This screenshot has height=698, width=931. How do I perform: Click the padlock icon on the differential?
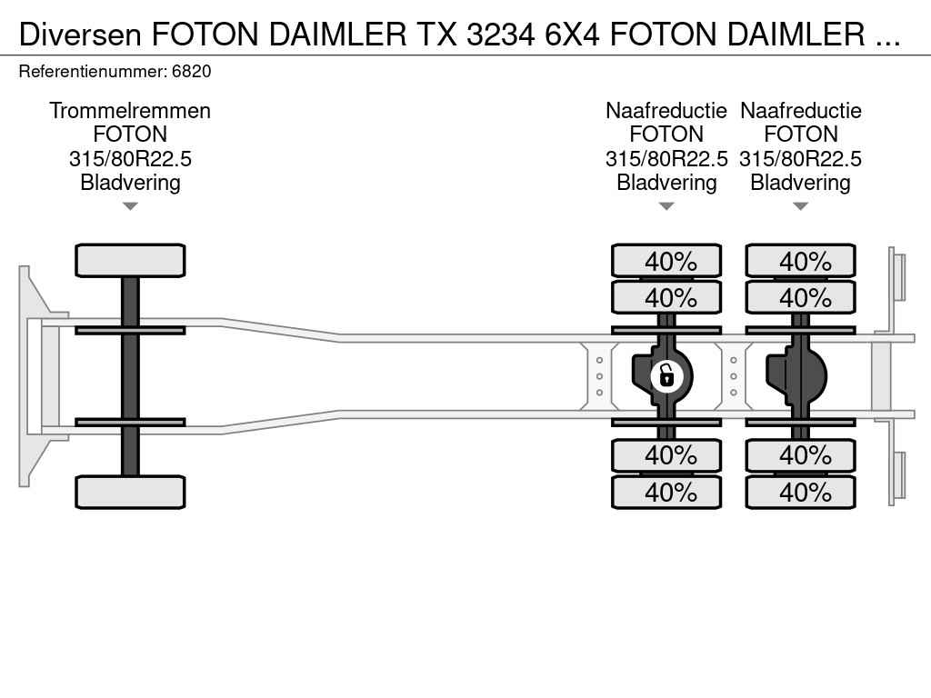coord(666,374)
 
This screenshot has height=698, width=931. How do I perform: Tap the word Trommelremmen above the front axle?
coord(130,111)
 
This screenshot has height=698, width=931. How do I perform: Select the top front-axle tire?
coord(130,260)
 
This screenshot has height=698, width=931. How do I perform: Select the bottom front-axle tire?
coord(130,492)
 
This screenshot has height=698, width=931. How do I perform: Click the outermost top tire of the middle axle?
coord(666,261)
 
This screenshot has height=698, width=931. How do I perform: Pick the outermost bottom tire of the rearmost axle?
coord(801,492)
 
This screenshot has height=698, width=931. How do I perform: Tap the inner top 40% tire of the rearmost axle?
coord(801,297)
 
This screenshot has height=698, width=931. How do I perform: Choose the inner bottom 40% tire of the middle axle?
coord(666,454)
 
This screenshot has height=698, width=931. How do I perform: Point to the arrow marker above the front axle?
coord(130,206)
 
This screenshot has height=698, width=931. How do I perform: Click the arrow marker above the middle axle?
coord(666,206)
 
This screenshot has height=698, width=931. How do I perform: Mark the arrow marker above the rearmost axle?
coord(801,206)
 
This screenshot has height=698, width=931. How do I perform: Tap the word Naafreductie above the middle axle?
coord(666,111)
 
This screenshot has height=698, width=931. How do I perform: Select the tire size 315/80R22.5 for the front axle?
coord(130,159)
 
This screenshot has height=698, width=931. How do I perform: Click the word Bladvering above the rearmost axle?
coord(801,183)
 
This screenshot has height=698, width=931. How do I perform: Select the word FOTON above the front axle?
coord(130,135)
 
